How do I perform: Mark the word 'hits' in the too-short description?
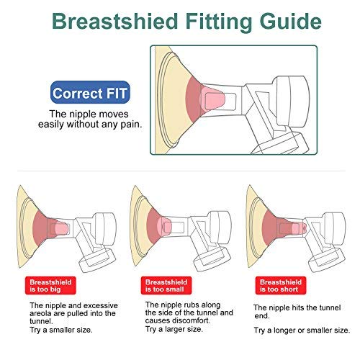[x=296, y=307]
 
